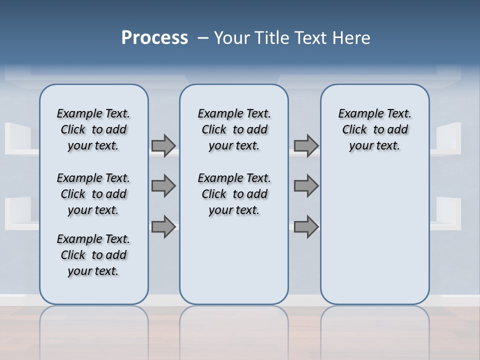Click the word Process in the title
[x=154, y=37]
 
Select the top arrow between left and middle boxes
[x=163, y=145]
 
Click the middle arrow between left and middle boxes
[x=163, y=186]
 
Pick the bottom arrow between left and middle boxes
[x=163, y=226]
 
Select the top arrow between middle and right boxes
[x=306, y=145]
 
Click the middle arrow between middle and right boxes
[x=306, y=186]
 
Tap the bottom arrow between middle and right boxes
[x=306, y=226]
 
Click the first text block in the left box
[x=93, y=129]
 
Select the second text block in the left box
[x=93, y=194]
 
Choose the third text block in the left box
[x=93, y=255]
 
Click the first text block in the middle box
[x=234, y=129]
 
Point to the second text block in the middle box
[x=234, y=194]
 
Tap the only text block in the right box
[x=374, y=129]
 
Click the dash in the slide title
[x=203, y=38]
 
